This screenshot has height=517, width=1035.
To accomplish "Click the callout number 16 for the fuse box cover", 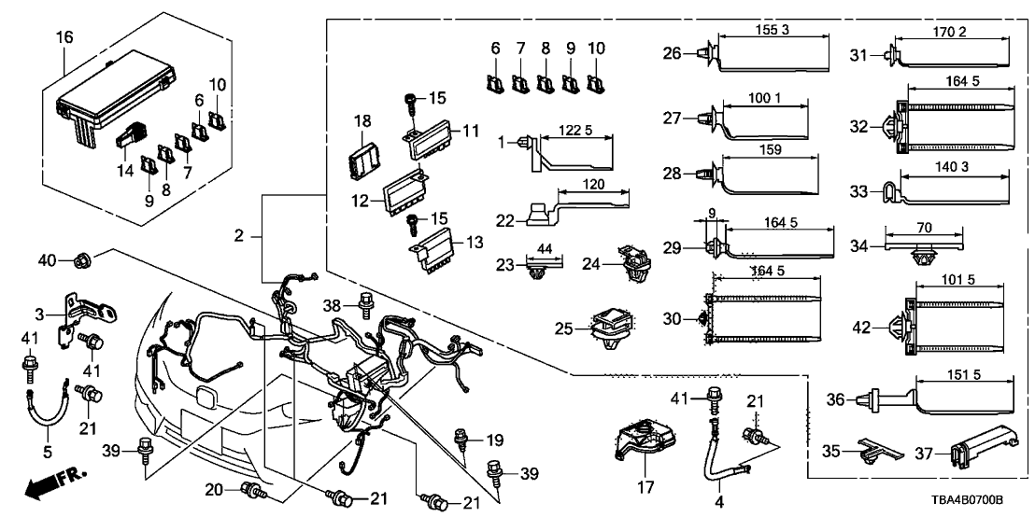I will pos(64,39).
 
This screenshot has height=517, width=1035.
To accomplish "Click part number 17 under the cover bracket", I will pos(644,487).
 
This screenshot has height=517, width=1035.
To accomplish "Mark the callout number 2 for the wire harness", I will pos(241,238).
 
